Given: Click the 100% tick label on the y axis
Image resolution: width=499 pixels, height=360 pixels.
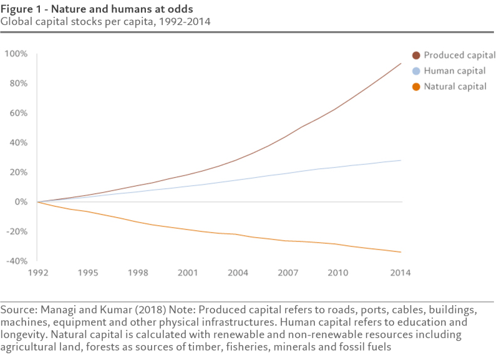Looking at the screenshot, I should tap(16, 54).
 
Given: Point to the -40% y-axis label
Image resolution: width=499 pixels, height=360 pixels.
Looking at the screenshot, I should tap(15, 261).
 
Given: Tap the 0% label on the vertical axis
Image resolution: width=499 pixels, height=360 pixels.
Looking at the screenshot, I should tap(21, 202).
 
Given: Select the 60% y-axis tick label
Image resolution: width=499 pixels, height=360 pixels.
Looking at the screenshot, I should tap(18, 114).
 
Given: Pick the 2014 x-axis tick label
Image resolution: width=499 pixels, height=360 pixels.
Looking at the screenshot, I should tap(400, 273).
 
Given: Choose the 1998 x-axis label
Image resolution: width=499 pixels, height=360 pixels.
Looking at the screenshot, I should tap(138, 273).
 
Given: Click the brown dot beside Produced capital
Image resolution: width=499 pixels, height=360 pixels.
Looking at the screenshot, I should tap(417, 56).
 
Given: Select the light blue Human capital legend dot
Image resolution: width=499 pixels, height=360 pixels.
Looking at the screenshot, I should tap(417, 71).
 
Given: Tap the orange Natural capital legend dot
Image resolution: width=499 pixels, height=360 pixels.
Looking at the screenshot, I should tap(417, 87).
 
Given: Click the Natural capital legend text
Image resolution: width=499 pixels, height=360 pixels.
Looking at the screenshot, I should tap(455, 87).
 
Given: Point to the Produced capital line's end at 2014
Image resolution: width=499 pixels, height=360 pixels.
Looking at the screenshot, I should tap(400, 64).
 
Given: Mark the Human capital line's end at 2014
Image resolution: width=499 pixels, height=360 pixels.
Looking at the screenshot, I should tap(400, 160).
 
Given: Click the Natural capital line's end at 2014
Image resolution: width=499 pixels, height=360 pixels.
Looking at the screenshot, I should tap(400, 252).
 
